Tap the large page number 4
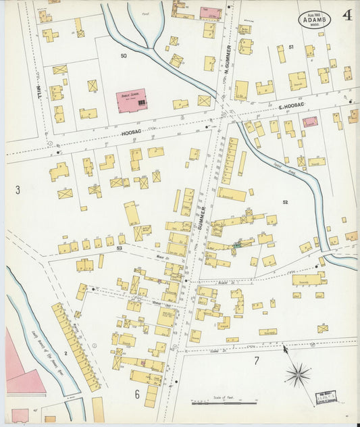point(346,16)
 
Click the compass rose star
point(297,374)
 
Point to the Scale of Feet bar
point(224,403)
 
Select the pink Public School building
point(131,99)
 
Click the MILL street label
point(38,93)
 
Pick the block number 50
point(124,55)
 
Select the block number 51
point(290,47)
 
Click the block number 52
point(285,202)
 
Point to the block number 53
point(119,249)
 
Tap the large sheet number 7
point(256,360)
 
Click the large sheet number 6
point(136,394)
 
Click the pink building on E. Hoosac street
point(310,122)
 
